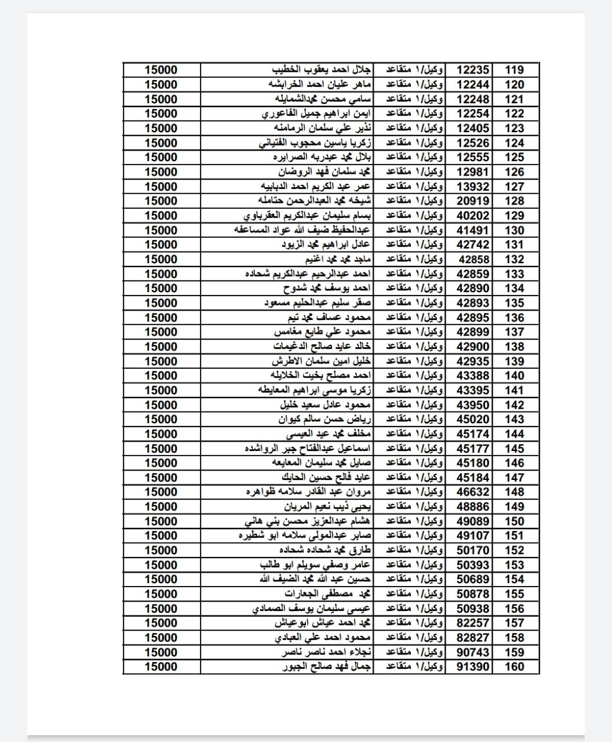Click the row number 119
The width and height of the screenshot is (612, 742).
click(x=514, y=70)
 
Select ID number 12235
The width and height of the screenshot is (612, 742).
click(x=473, y=70)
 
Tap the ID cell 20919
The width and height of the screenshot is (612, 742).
click(x=473, y=201)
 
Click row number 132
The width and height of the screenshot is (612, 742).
click(x=514, y=260)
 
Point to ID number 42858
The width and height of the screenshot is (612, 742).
click(x=473, y=260)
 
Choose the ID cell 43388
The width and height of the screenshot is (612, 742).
click(x=473, y=376)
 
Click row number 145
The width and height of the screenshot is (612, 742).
click(x=514, y=449)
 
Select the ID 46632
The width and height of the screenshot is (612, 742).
click(x=473, y=492)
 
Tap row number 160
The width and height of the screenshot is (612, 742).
click(x=514, y=667)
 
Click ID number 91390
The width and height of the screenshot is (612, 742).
click(x=473, y=667)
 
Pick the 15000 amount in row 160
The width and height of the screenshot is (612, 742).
click(x=161, y=667)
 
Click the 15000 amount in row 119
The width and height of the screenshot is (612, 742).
click(x=161, y=70)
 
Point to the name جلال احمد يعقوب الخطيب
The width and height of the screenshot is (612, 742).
click(x=322, y=70)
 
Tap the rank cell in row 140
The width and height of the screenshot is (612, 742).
click(x=415, y=376)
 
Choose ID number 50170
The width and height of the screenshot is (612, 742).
click(x=473, y=551)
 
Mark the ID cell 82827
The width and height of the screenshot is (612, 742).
click(x=473, y=638)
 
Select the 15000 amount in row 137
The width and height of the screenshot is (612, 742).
click(x=161, y=332)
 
